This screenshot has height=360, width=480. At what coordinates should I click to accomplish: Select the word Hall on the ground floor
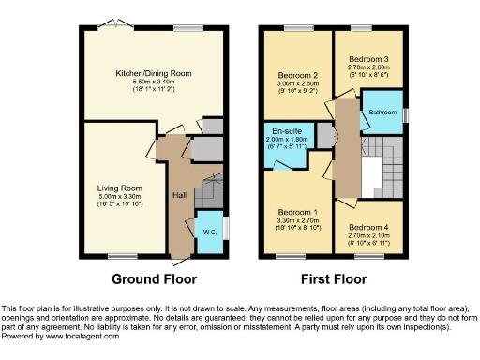pos(178,195)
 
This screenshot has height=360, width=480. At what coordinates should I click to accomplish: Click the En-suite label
pos(287,131)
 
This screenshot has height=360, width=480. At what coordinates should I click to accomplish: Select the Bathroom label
pos(383,112)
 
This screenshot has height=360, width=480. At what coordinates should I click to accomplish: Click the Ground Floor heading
pos(153,279)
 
